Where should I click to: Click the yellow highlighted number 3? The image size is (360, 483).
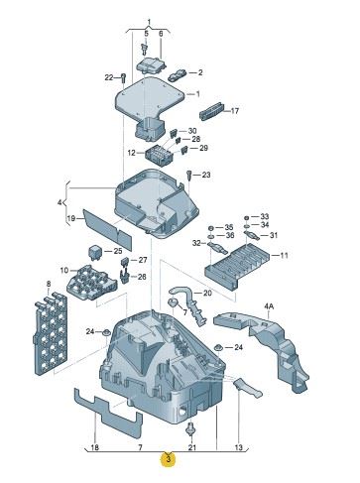pos(169,459)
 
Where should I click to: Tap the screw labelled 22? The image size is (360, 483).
pos(123,78)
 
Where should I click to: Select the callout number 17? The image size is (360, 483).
pos(235,111)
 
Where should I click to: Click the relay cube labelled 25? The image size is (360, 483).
pos(95,253)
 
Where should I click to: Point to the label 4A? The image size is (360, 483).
pos(269,306)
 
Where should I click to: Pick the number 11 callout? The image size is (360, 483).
pos(284,255)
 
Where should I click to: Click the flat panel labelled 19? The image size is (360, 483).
pos(107,229)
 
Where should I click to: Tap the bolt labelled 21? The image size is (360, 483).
pos(189,428)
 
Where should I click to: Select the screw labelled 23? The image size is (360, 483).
pos(188,176)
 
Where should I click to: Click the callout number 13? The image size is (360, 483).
pos(239,447)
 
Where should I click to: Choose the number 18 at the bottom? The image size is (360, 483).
pos(94,447)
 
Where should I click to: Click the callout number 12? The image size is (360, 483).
pos(131,153)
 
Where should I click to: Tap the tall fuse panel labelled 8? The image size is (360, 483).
pos(52,333)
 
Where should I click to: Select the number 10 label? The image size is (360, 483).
pos(64,271)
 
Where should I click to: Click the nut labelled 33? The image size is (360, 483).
pos(246,217)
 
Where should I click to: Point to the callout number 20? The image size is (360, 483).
pos(207,293)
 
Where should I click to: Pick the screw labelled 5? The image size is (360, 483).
pos(144,49)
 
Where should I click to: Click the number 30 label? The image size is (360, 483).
pos(192,131)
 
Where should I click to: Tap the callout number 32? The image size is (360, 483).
pos(196,243)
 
